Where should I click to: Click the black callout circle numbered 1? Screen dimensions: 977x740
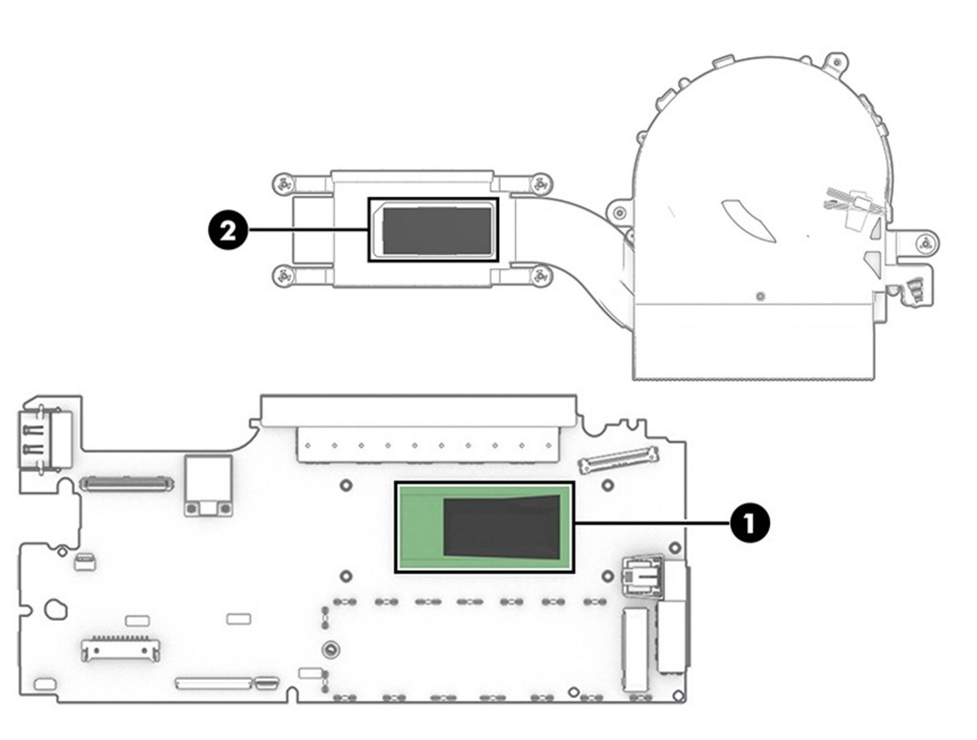point(750,522)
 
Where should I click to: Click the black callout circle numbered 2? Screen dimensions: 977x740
point(227,231)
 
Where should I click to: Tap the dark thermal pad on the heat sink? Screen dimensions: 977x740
point(437,231)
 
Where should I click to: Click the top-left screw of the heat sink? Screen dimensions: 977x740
point(282,184)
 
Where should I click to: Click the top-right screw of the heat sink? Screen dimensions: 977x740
point(541,184)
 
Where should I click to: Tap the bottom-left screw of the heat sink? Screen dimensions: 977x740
point(282,274)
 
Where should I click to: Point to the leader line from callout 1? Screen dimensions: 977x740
point(652,523)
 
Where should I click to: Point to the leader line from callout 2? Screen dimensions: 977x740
point(308,231)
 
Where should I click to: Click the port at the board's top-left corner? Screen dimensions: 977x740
point(44,439)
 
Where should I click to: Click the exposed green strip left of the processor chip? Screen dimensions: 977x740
point(421,527)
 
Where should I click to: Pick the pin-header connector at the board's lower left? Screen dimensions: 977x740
point(120,649)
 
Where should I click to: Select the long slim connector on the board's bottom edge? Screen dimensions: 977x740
point(214,683)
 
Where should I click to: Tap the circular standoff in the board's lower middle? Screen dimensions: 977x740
point(331,649)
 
